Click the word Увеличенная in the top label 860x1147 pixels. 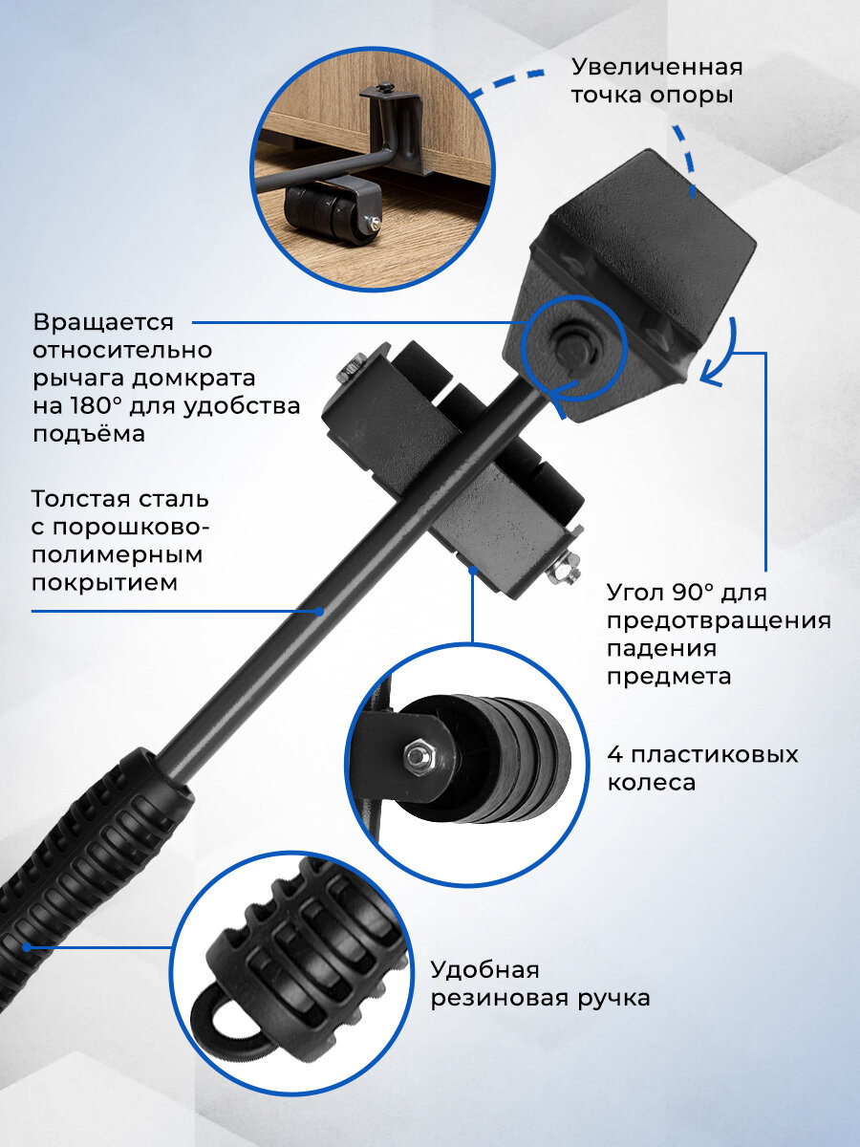656,68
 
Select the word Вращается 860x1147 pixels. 103,323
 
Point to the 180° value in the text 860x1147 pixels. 97,406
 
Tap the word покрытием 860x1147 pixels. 104,584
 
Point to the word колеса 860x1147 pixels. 651,783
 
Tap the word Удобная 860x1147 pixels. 485,970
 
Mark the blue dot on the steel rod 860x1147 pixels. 318,611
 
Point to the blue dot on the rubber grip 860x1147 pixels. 26,947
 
